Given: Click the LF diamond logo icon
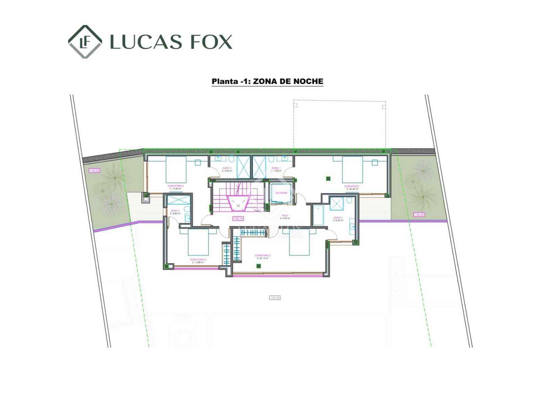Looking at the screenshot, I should [x=85, y=42].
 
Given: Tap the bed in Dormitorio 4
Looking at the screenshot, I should [x=176, y=169].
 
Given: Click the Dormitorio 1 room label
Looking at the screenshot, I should [x=352, y=186].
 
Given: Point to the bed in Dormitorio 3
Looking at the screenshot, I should [x=198, y=243].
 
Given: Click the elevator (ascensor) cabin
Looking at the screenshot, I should [x=281, y=194].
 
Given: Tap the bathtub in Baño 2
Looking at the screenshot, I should [x=318, y=215].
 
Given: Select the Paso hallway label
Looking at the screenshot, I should [x=285, y=216].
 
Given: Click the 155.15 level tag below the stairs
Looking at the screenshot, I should [x=238, y=219].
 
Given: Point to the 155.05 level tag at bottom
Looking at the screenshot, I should [x=275, y=298].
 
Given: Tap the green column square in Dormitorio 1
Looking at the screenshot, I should [x=328, y=179].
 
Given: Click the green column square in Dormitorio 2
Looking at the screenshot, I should [x=259, y=266].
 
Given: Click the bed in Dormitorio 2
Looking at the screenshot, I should [x=299, y=242].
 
